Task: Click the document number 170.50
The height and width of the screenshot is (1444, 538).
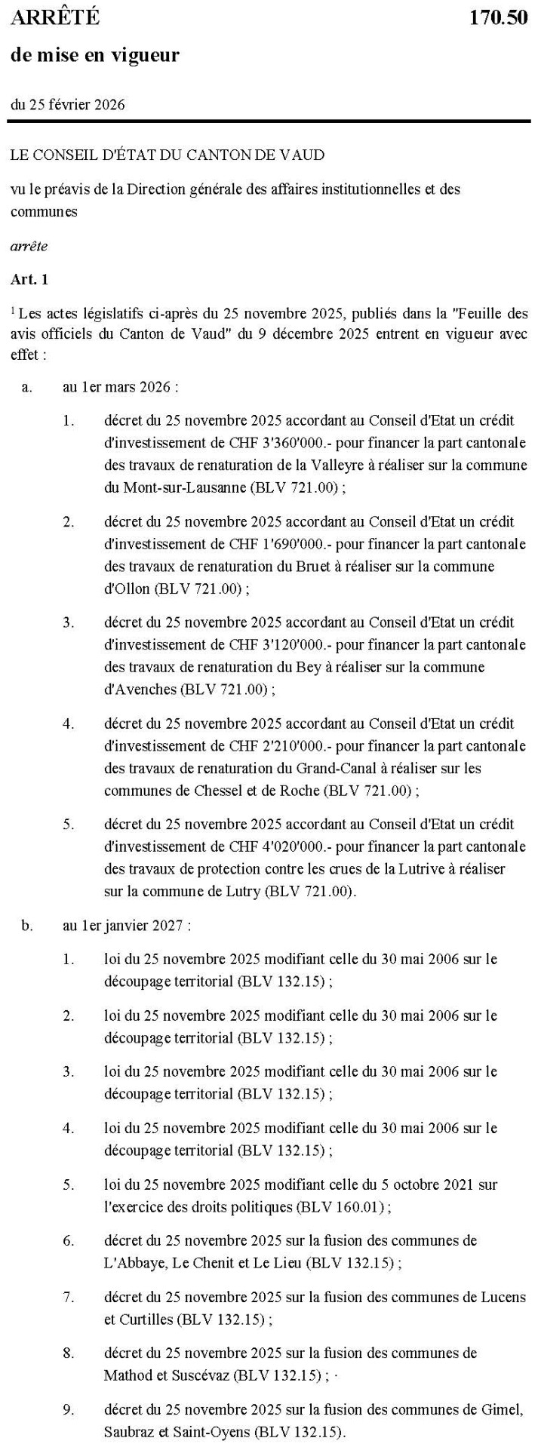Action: pyautogui.click(x=498, y=18)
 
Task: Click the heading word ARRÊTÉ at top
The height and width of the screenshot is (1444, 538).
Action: pyautogui.click(x=55, y=18)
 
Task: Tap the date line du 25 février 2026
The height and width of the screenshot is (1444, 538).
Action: pyautogui.click(x=68, y=104)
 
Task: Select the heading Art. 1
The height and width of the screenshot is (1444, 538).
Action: pyautogui.click(x=29, y=279)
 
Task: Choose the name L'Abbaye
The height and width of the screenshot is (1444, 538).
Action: pyautogui.click(x=131, y=1263)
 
